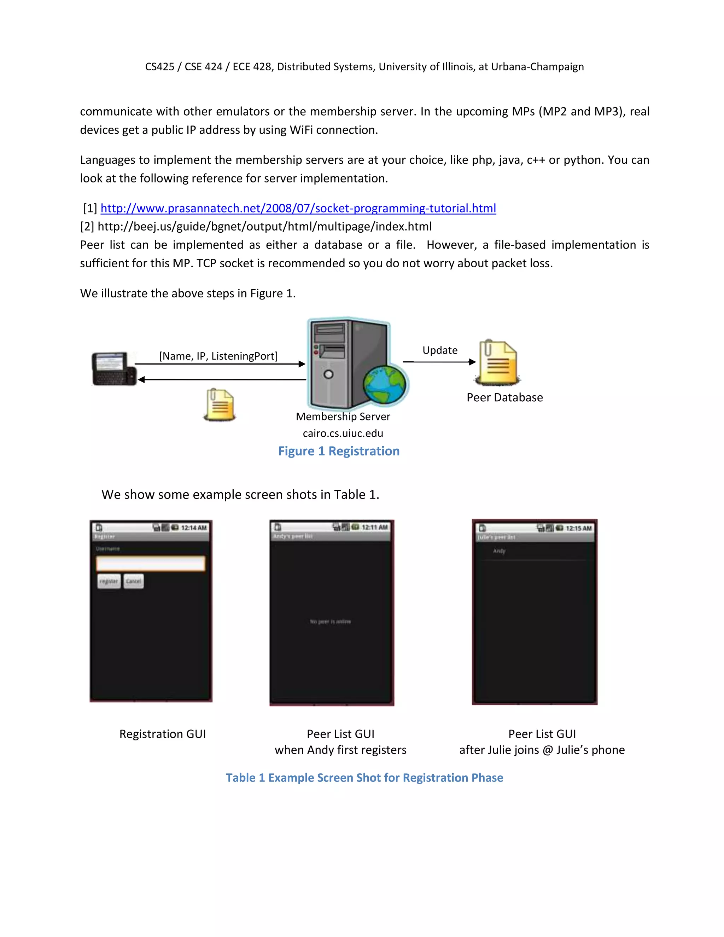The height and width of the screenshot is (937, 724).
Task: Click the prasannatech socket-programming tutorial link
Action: point(298,209)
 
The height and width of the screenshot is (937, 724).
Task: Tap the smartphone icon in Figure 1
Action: point(114,368)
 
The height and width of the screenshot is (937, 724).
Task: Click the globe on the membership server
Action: point(384,384)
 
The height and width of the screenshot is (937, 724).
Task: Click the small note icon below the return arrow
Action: point(220,405)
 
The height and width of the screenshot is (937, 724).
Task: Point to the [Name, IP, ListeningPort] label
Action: point(218,356)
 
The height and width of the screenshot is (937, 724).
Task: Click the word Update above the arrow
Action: point(440,350)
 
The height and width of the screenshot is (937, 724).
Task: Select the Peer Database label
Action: point(504,398)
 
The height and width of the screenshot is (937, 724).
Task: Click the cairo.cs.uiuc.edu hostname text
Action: point(343,433)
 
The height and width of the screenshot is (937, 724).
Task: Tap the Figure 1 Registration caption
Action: point(339,451)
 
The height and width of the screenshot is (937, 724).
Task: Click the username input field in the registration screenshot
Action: point(151,563)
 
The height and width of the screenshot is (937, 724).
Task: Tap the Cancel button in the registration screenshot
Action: point(133,581)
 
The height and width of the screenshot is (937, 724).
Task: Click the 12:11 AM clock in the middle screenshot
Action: point(374,527)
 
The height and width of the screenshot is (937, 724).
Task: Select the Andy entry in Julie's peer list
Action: point(499,551)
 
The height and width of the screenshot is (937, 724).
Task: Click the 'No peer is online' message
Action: point(330,622)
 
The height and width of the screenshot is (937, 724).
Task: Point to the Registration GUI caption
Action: point(163,734)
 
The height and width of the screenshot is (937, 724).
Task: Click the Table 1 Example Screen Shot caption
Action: point(364,778)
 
